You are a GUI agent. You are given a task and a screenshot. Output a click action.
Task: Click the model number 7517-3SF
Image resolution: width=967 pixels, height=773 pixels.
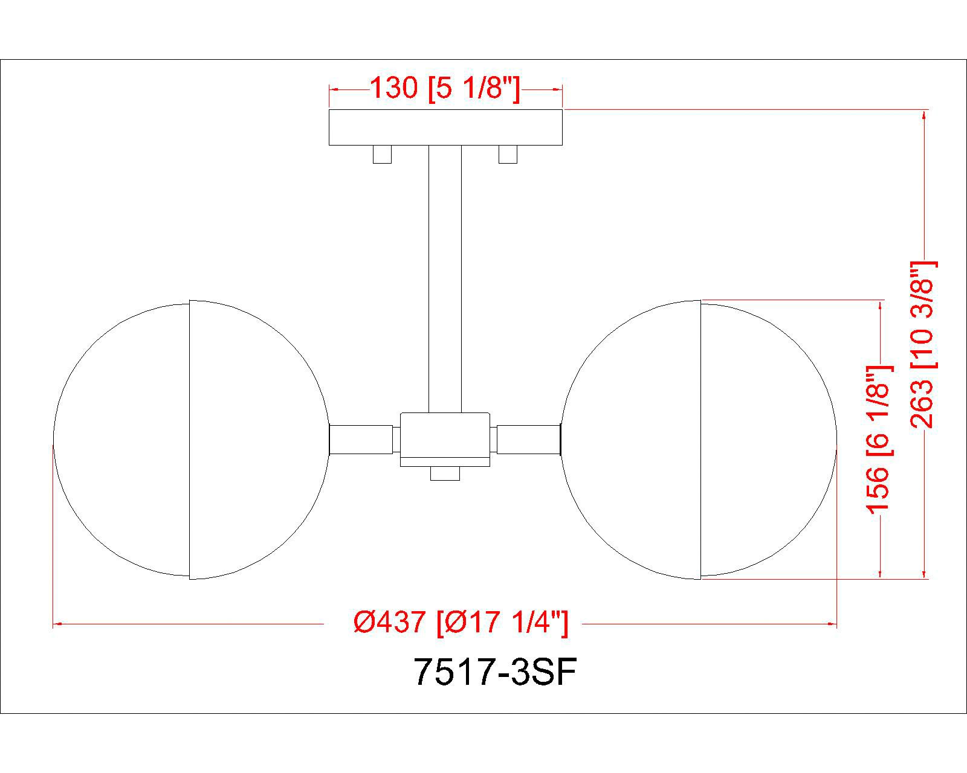tap(494, 672)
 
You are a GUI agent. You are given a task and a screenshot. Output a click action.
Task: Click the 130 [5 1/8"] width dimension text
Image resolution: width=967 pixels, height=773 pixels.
tap(444, 89)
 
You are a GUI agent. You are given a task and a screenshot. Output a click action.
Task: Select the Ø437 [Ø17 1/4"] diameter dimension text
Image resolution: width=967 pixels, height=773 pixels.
tap(461, 622)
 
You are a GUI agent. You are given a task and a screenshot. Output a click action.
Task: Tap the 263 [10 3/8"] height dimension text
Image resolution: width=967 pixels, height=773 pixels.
tap(923, 344)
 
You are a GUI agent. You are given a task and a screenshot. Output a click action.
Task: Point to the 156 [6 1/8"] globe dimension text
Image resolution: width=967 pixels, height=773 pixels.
tap(879, 438)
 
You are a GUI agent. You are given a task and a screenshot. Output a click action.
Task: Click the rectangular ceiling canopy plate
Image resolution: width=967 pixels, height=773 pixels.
tap(445, 127)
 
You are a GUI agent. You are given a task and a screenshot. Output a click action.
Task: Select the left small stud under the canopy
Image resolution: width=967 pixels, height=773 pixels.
tap(382, 154)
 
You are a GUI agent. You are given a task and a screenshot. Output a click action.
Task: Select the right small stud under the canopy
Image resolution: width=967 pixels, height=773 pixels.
tap(508, 154)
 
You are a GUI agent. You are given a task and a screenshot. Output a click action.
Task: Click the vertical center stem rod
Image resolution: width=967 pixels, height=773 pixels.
tap(445, 278)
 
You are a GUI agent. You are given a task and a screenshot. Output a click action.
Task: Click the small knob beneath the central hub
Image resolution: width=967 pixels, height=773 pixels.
tap(445, 474)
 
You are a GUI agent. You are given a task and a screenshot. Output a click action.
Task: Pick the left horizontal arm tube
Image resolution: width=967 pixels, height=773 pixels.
tap(361, 439)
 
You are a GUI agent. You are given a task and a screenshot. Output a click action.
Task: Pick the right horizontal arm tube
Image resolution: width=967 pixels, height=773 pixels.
tap(528, 439)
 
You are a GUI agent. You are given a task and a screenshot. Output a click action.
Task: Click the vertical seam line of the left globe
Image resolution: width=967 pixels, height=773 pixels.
tap(190, 439)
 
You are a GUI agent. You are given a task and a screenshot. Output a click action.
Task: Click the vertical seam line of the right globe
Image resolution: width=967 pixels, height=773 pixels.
tap(700, 439)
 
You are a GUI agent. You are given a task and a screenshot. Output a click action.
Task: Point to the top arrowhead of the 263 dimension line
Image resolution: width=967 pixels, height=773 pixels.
tap(924, 115)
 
